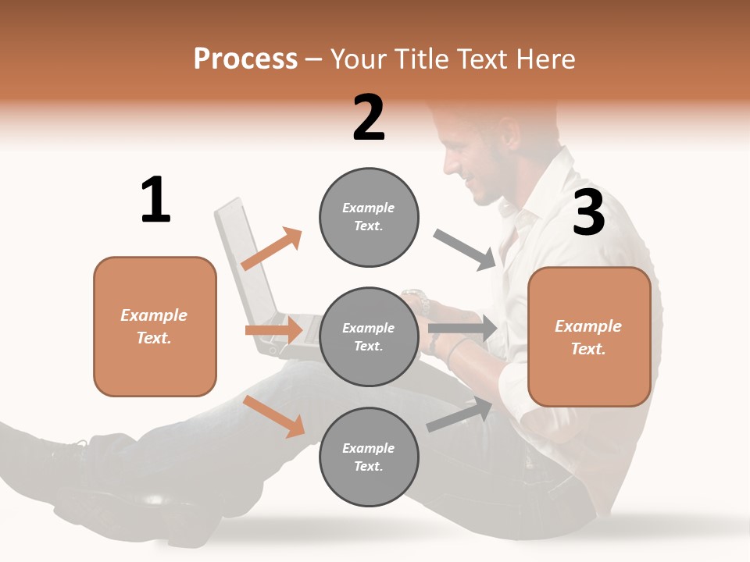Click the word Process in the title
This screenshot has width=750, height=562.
pos(245,59)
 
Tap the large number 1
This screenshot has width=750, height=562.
pos(155,200)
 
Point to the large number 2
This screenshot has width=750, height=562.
pos(369,118)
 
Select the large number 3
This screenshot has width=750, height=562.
pos(588,212)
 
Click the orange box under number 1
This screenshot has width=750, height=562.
pos(155,326)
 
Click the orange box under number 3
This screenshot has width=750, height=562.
pos(589,336)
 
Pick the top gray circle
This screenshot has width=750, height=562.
pos(369,216)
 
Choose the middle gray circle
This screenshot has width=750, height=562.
pos(369,336)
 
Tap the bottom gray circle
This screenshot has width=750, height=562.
pos(369,457)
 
